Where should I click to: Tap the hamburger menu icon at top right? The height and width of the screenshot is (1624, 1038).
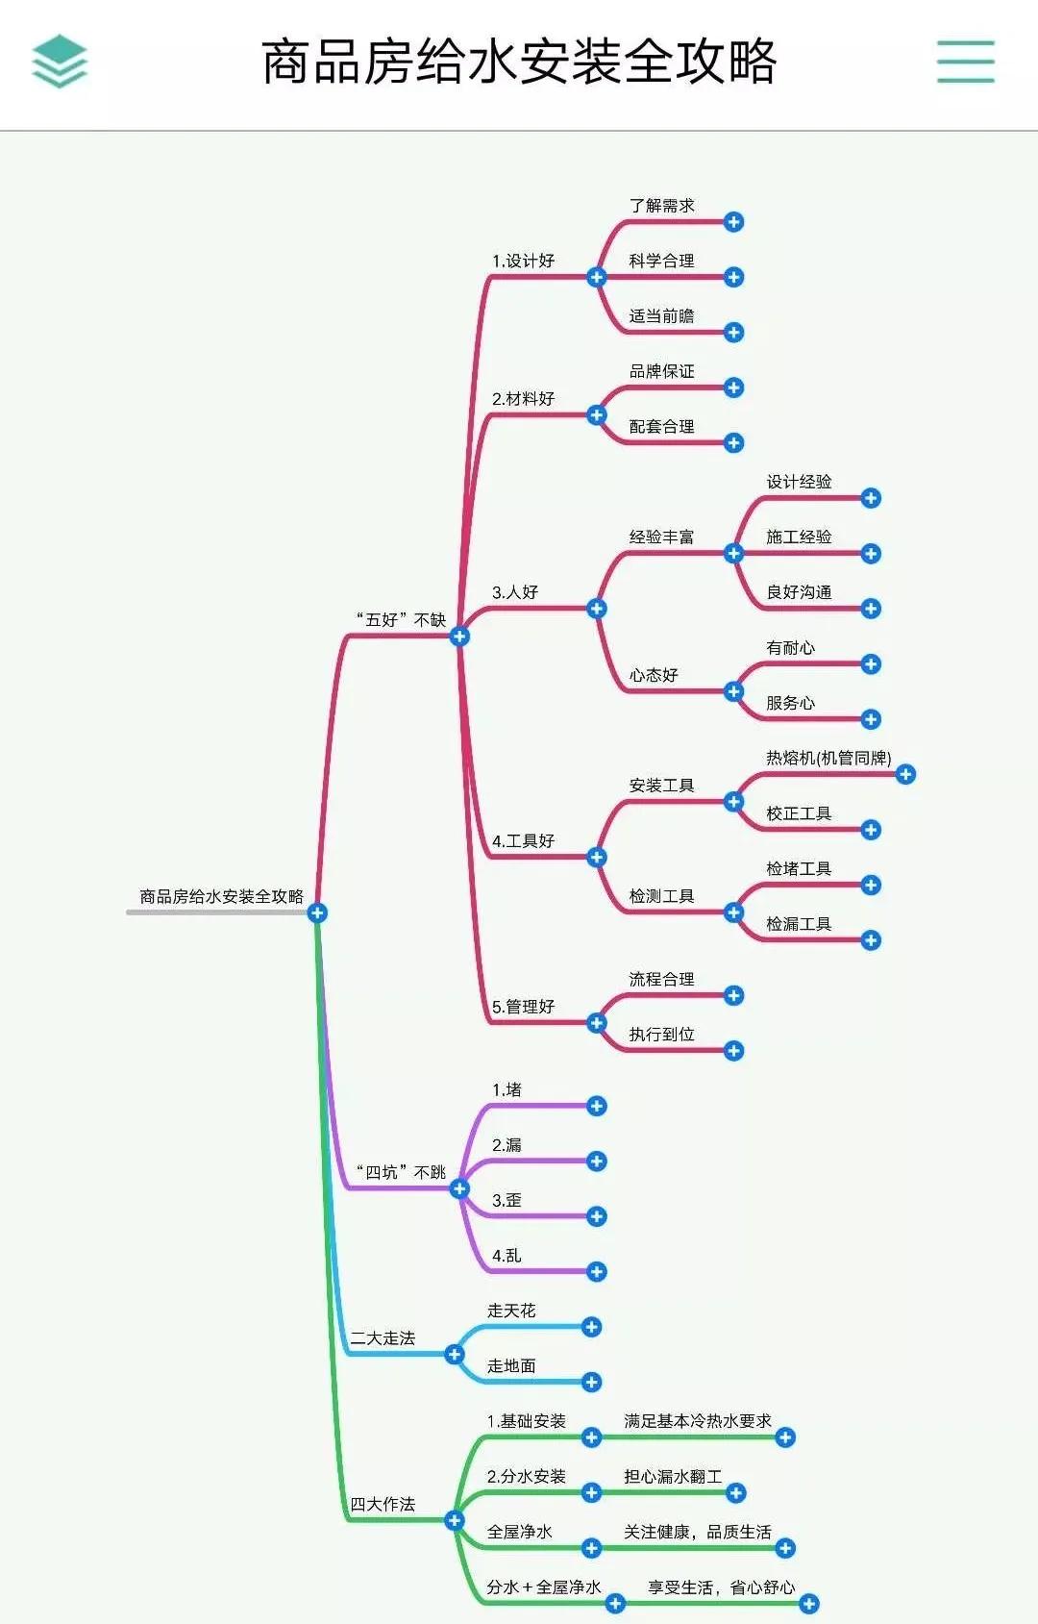click(965, 62)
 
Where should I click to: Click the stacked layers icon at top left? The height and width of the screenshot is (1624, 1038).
click(60, 62)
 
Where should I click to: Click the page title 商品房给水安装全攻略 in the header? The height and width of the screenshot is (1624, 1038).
click(519, 62)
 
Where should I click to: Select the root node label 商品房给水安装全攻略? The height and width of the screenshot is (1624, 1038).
click(221, 896)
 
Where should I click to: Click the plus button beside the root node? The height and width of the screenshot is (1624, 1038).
click(317, 912)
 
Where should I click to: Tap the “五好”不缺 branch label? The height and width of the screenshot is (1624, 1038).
click(401, 620)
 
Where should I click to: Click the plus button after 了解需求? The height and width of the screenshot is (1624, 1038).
click(733, 222)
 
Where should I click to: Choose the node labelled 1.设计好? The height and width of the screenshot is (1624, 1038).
click(523, 261)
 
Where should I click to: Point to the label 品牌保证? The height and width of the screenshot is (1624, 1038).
click(661, 371)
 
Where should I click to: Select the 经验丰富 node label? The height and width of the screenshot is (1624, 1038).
click(661, 537)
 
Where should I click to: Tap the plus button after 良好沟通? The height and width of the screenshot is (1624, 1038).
click(871, 609)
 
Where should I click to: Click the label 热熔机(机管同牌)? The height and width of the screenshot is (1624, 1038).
click(828, 758)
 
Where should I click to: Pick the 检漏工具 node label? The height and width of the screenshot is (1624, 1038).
click(798, 924)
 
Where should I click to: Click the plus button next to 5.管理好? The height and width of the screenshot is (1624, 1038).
click(596, 1023)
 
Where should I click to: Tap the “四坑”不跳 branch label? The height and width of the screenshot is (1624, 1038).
click(401, 1172)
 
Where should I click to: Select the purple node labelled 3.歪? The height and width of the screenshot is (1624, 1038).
click(507, 1200)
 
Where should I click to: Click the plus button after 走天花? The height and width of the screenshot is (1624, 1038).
click(591, 1327)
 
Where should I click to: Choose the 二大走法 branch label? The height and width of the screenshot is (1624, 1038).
click(383, 1337)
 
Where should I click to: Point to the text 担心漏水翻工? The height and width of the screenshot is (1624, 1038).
click(672, 1476)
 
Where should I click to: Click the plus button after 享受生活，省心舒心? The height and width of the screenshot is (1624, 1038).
click(808, 1603)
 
